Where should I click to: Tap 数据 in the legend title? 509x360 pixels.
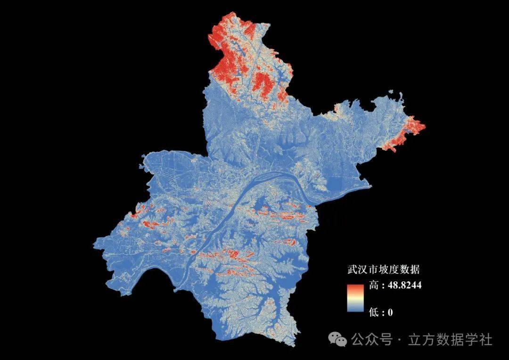point(411,270)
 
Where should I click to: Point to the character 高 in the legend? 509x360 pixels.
point(374,286)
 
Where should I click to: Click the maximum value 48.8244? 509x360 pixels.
point(404,286)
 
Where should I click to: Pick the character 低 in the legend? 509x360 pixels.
point(374,311)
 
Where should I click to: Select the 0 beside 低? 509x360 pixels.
point(390,311)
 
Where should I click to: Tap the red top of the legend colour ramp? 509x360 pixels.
point(355,287)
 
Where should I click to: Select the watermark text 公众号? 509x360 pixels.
point(372,339)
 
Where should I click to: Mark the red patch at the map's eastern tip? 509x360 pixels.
point(415,126)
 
